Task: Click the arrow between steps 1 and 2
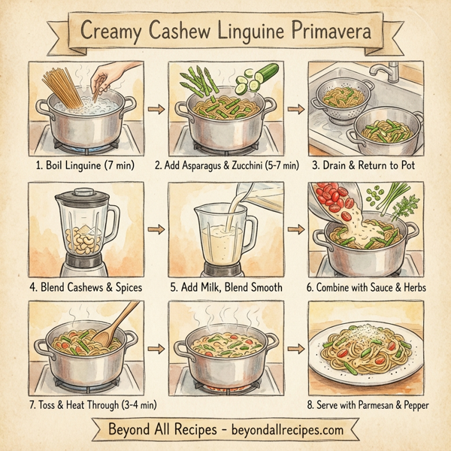click(156, 110)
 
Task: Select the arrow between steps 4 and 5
click(156, 228)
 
